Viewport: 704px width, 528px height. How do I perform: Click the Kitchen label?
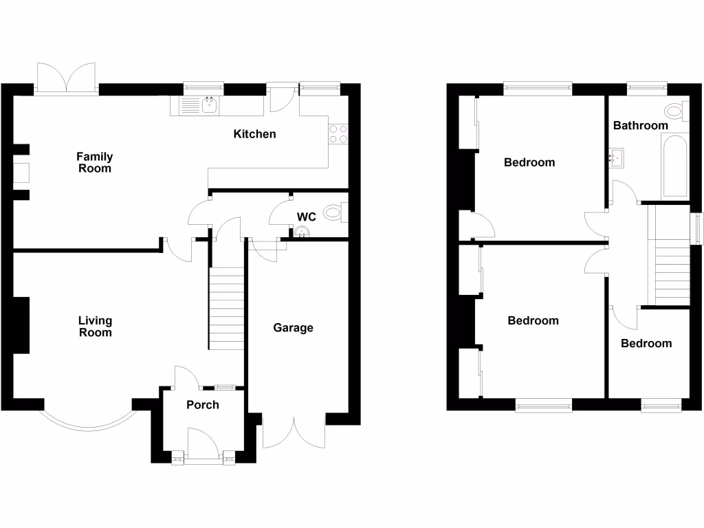pyautogui.click(x=254, y=134)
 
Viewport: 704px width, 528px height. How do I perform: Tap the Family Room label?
pyautogui.click(x=94, y=162)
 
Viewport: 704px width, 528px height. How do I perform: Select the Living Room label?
pyautogui.click(x=95, y=327)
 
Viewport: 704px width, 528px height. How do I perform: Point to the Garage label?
pyautogui.click(x=293, y=328)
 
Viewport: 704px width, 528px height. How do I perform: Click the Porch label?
pyautogui.click(x=203, y=405)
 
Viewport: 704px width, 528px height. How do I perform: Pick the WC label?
pyautogui.click(x=306, y=217)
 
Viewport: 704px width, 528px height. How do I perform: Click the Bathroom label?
pyautogui.click(x=640, y=126)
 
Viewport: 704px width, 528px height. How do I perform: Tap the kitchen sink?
pyautogui.click(x=209, y=105)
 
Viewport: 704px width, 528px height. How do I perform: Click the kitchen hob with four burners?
pyautogui.click(x=338, y=134)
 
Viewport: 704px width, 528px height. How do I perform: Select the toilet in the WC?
pyautogui.click(x=334, y=212)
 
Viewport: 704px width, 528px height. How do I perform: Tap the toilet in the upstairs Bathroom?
pyautogui.click(x=675, y=111)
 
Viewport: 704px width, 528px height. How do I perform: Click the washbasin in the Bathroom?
pyautogui.click(x=617, y=158)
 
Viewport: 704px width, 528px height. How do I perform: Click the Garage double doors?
pyautogui.click(x=294, y=432)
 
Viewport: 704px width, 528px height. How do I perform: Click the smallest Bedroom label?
pyautogui.click(x=646, y=343)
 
